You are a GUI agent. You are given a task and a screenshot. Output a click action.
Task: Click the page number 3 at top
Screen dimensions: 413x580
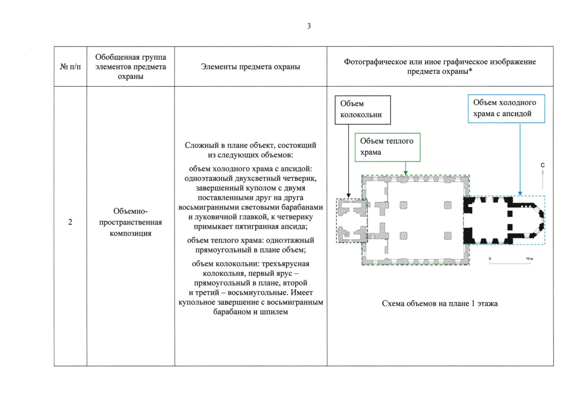coord(309,26)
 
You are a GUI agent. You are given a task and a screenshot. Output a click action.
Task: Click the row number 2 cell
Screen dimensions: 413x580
coord(70,222)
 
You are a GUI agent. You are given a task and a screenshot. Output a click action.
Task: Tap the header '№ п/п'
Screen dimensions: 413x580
coord(70,67)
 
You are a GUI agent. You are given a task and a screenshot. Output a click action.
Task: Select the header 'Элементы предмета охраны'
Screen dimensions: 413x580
coord(250,67)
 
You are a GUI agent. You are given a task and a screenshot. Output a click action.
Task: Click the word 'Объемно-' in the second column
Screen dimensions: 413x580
coord(130,211)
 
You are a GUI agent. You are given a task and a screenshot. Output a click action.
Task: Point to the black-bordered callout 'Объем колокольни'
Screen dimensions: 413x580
coord(363,109)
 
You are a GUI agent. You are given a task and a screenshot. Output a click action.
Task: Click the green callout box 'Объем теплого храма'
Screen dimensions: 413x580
coord(387,147)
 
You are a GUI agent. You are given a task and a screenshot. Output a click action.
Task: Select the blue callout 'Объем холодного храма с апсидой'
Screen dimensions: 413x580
coord(506,108)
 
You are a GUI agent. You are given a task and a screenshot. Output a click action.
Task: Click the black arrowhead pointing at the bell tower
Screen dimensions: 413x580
coord(349,196)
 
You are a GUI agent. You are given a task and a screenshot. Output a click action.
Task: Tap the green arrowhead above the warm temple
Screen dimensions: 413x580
coord(406,173)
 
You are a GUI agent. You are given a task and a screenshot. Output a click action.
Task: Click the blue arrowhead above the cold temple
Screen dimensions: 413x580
coord(520,193)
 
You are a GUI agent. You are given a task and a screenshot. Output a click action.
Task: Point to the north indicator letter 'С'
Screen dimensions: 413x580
coord(543,165)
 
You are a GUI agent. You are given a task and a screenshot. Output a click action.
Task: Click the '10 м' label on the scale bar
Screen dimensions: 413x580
coord(529,259)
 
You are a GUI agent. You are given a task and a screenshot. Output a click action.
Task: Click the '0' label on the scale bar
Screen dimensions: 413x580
coord(490,259)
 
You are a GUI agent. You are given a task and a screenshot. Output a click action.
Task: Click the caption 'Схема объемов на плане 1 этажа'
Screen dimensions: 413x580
coord(440,304)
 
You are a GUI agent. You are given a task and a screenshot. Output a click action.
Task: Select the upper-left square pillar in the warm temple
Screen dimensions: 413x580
coord(403,205)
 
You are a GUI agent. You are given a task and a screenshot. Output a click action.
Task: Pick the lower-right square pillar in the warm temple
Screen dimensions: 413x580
coord(448,236)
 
